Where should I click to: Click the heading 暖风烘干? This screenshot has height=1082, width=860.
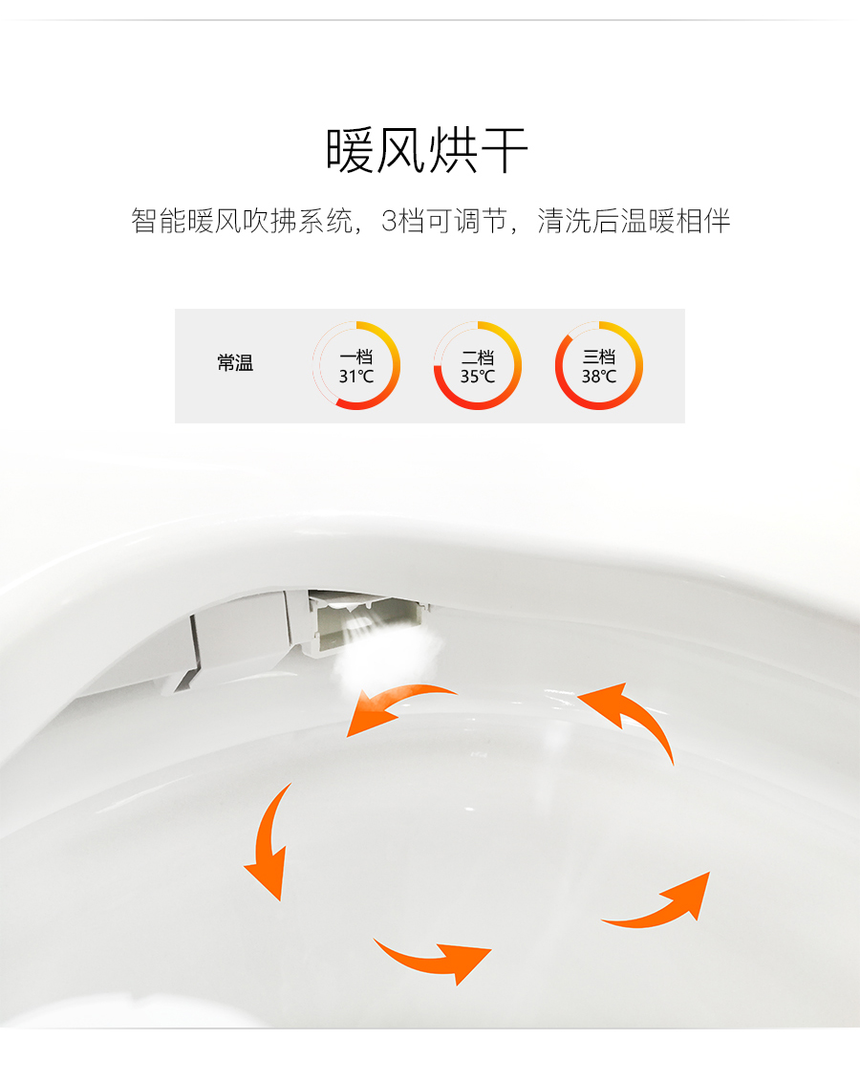[427, 151]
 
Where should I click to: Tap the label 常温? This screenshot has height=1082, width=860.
[235, 363]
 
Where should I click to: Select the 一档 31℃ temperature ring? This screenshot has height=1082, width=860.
[355, 366]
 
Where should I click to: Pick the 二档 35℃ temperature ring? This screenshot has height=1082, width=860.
[478, 366]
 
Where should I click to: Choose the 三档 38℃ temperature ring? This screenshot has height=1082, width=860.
[599, 366]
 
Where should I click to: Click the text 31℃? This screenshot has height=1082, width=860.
[356, 377]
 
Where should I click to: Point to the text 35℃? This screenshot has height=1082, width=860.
[478, 377]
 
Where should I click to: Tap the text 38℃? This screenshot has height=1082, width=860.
[599, 377]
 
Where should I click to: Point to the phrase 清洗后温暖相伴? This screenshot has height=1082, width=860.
[634, 222]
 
